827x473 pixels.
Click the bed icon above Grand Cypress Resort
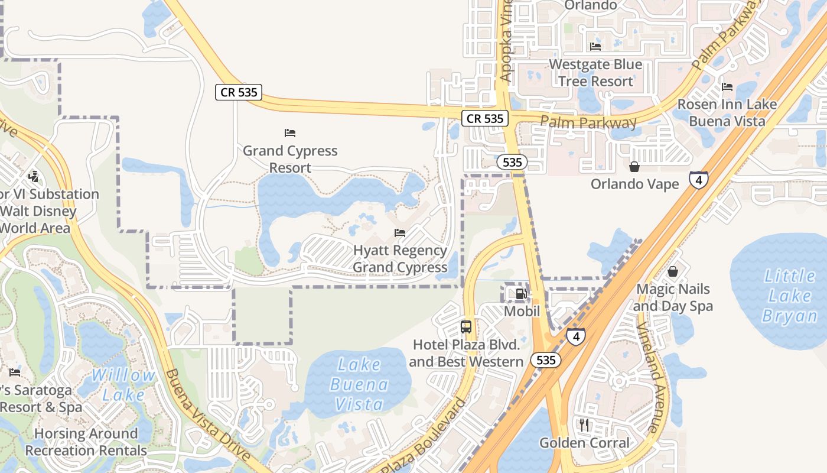point(289,133)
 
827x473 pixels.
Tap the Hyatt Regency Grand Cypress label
point(400,258)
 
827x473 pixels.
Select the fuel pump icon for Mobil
point(521,293)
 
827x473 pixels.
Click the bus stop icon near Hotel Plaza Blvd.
point(466,326)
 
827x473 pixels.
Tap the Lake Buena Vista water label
point(359,384)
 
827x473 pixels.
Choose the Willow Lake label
point(123,384)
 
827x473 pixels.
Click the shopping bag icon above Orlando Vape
point(634,167)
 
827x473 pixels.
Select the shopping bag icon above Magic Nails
point(672,271)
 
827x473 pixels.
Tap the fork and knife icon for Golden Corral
point(584,425)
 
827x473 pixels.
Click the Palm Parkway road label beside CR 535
point(588,123)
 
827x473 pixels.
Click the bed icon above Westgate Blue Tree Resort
point(595,47)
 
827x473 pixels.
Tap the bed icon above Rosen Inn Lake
point(727,87)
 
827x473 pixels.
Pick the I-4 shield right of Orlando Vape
point(698,180)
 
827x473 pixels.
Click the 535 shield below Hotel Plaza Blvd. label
point(545,359)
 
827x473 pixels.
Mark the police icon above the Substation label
point(33,176)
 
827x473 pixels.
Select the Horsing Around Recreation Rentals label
point(86,442)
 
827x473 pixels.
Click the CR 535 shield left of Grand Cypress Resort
point(238,92)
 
